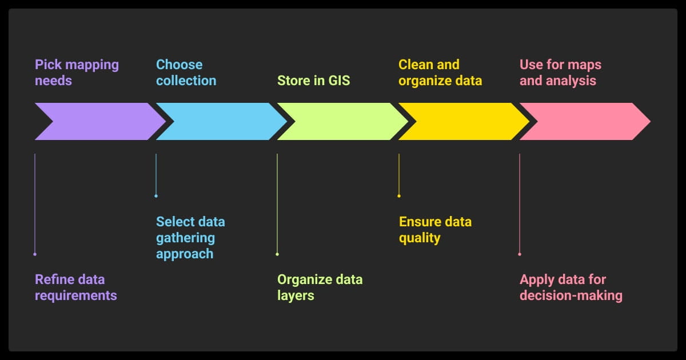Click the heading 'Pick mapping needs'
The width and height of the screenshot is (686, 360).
pos(77,73)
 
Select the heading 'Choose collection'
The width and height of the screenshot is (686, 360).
pos(186,73)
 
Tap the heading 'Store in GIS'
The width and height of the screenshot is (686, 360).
pos(313,81)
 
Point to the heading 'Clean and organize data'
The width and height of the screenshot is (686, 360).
pos(440,73)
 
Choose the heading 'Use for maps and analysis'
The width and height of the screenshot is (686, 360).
pos(560,73)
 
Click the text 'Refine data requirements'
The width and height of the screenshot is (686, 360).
pos(75,287)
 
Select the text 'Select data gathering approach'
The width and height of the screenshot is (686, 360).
pos(190,238)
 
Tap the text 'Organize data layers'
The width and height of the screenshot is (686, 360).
pos(320,287)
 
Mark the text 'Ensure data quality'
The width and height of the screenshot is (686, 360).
pos(435,230)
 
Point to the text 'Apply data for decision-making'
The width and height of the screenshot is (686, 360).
pos(571,287)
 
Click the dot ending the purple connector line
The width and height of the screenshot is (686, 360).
pos(35,254)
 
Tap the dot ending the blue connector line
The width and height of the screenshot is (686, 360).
pos(156,196)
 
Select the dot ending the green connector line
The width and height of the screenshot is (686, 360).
pos(277,254)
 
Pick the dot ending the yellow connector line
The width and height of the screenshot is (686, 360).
pos(399,196)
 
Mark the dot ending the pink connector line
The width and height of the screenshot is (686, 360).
pos(520,254)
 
